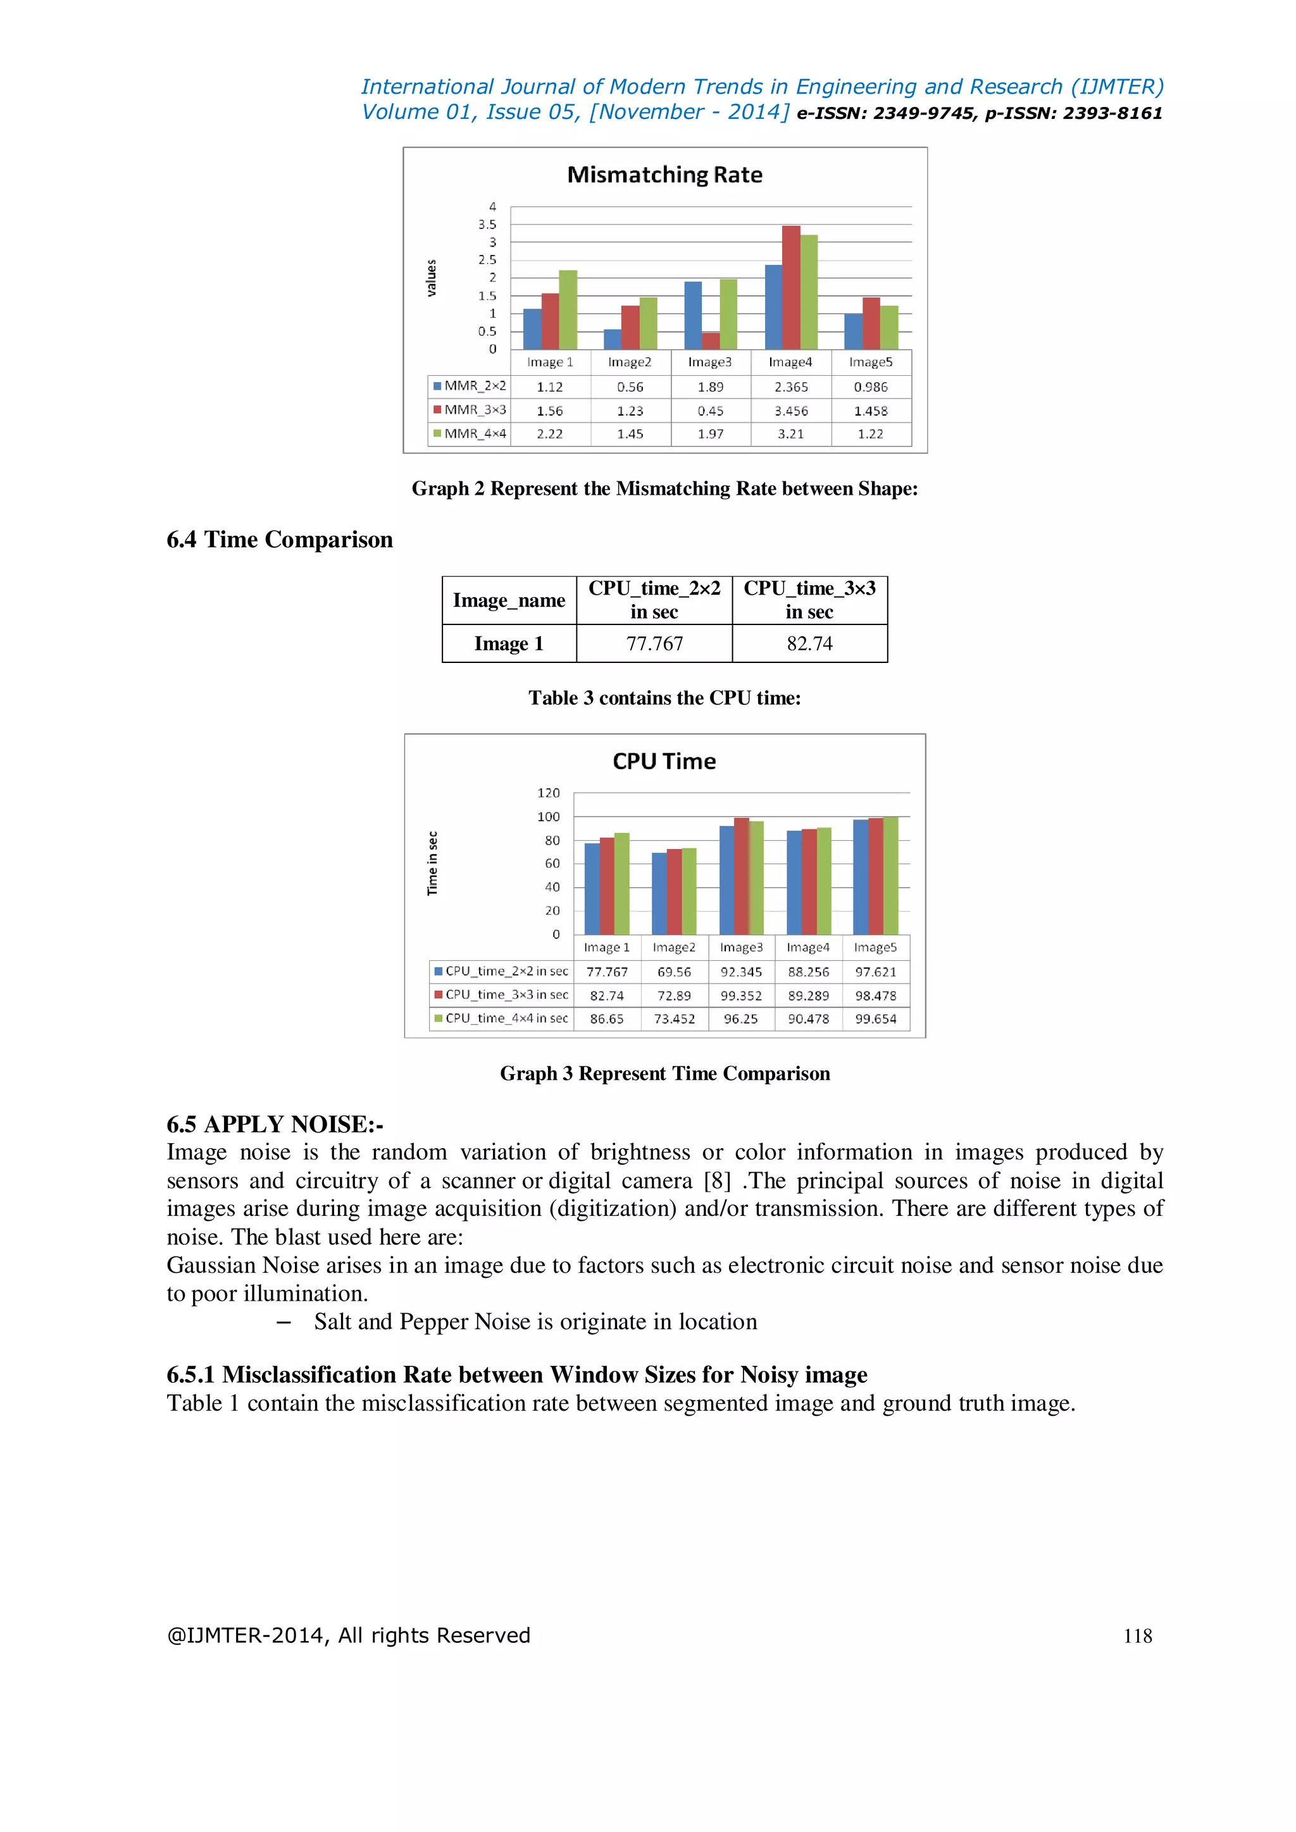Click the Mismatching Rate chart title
pyautogui.click(x=664, y=175)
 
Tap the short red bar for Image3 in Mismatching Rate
pyautogui.click(x=710, y=341)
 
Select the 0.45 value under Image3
pyautogui.click(x=710, y=411)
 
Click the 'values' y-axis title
pyautogui.click(x=432, y=278)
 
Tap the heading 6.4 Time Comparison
pyautogui.click(x=279, y=540)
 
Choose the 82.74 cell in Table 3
pyautogui.click(x=809, y=644)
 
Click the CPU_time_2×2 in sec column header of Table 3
pyautogui.click(x=654, y=600)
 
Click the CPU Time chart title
pyautogui.click(x=664, y=761)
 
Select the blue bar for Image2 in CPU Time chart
pyautogui.click(x=659, y=894)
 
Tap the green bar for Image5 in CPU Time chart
pyautogui.click(x=890, y=876)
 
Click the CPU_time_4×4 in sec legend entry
pyautogui.click(x=501, y=1019)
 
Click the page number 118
pyautogui.click(x=1137, y=1637)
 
